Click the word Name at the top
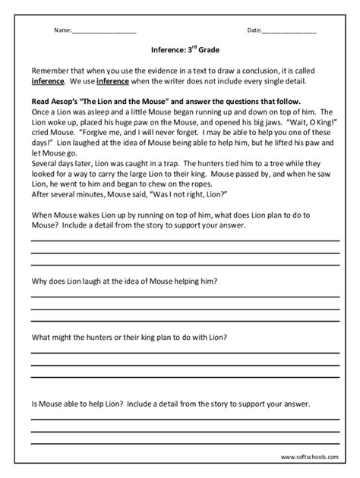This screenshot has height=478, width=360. coord(62,31)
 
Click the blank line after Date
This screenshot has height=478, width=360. coord(289,33)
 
